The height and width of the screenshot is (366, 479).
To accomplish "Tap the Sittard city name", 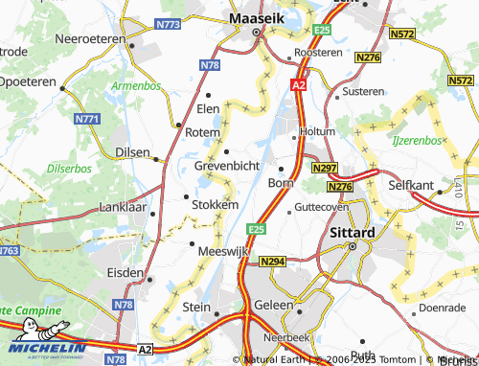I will tap(352, 232).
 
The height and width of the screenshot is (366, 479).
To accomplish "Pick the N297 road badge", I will tap(324, 168).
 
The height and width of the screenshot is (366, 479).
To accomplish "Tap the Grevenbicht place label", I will tap(227, 166).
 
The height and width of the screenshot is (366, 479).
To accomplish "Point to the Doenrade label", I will tap(442, 309).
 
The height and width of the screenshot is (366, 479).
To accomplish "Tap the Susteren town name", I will tap(362, 91).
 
